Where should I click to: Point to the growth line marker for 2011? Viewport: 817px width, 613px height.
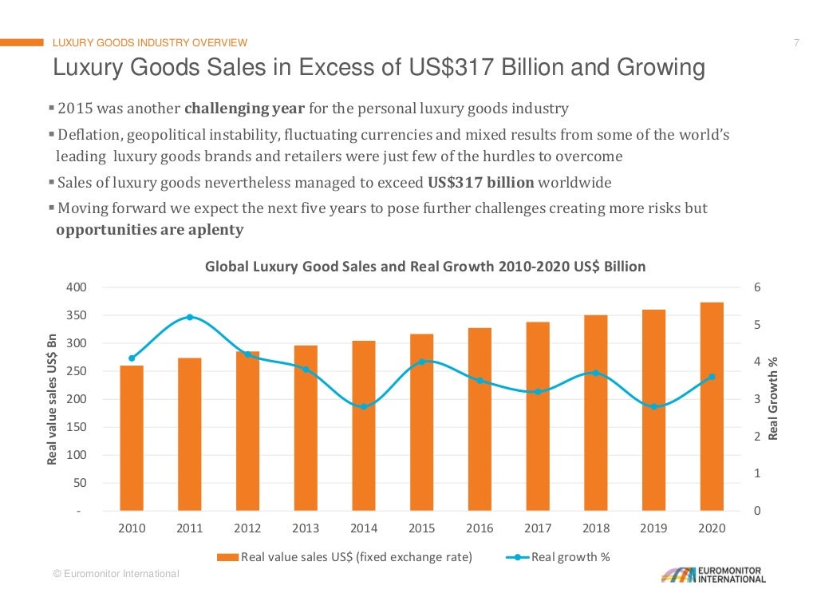(x=190, y=317)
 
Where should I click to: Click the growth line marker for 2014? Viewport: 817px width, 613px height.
(x=364, y=406)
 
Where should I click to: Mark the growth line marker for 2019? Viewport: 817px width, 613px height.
(x=654, y=406)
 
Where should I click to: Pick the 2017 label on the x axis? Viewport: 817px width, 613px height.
(x=538, y=528)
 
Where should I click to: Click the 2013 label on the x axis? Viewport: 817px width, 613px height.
(x=306, y=528)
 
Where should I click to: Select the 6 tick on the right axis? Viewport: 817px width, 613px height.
(x=757, y=287)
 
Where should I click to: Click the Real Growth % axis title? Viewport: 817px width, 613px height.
(x=772, y=398)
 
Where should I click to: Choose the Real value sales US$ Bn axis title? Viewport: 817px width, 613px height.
(x=53, y=398)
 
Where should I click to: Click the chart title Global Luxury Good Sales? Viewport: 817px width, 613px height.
(x=425, y=267)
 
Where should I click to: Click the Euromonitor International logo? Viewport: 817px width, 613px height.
(x=713, y=575)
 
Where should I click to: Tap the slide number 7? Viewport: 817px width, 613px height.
(x=795, y=43)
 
